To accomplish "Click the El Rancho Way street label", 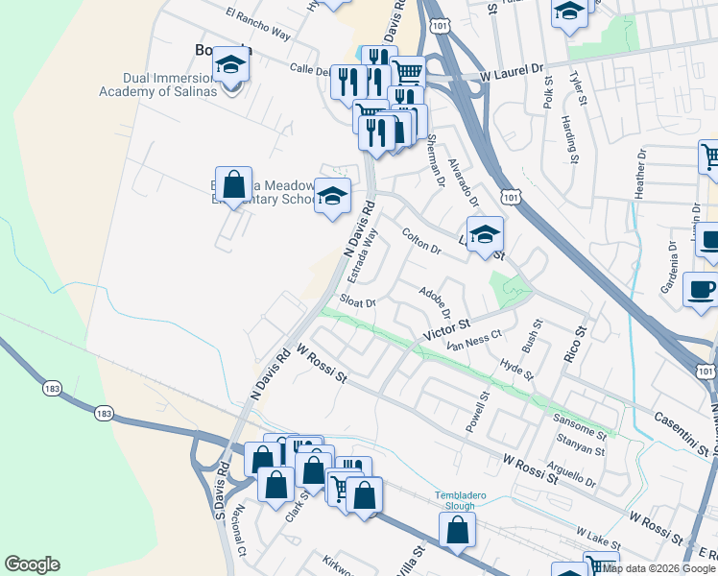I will tap(257, 26).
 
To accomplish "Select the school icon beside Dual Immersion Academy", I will tap(230, 65).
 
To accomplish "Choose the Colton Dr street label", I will tap(420, 241).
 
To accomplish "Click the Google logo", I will tap(32, 564).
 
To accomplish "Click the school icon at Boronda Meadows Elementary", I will tap(332, 198).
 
